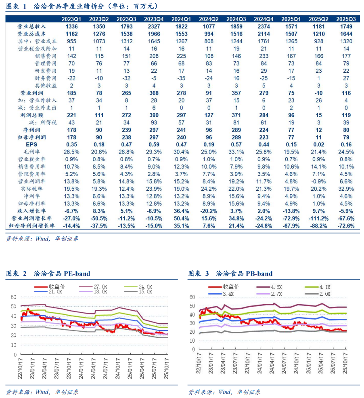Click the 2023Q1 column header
tap(71, 19)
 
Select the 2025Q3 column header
tap(346, 19)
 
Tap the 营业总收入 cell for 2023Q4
tap(154, 27)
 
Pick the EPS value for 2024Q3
tap(236, 144)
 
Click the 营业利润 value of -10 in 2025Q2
tap(318, 93)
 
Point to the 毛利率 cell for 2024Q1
tap(181, 152)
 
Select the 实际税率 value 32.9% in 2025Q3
tap(346, 189)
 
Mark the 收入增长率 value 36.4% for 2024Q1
tap(181, 211)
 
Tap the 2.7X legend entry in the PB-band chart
tap(278, 293)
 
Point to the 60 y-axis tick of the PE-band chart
tap(13, 297)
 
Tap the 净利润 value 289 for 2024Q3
tap(236, 130)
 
